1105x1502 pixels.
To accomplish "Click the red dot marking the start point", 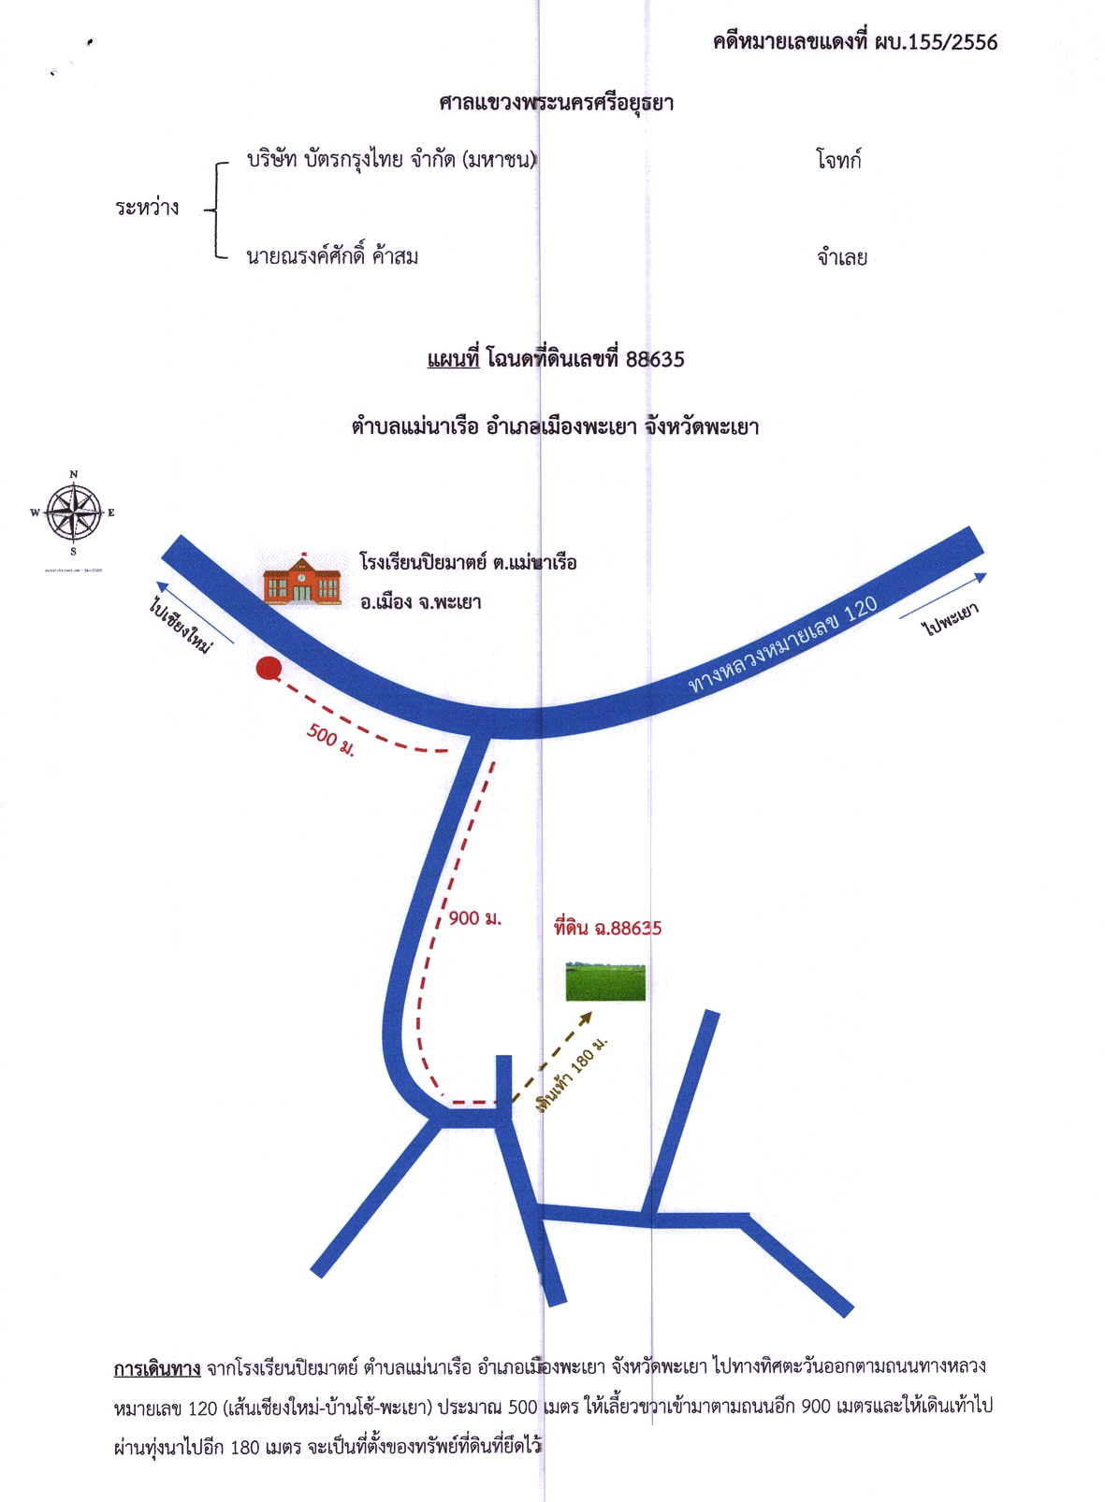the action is pos(269,669).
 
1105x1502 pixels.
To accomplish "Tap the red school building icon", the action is pos(301,577).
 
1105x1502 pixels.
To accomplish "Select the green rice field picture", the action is pos(605,982).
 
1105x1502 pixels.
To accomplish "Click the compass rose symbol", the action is pos(73,513).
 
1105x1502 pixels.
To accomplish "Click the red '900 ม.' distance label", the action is pos(475,918).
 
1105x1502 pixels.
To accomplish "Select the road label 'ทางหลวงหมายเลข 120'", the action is pos(783,644).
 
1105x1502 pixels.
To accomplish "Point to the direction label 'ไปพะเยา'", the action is pos(952,618).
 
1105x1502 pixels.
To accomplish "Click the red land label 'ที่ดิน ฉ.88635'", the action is pos(608,928).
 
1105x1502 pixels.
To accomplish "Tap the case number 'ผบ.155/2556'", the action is pos(936,42).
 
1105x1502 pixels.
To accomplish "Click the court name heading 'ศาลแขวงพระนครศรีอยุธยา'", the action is pos(556,103).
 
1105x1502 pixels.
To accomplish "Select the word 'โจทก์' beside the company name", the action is pos(838,161).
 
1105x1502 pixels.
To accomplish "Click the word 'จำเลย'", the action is pos(842,257).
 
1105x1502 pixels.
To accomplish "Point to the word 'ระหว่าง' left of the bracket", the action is pos(147,208).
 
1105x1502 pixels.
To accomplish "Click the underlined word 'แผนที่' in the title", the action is pos(454,359).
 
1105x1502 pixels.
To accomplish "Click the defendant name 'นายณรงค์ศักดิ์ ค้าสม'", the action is pos(333,255).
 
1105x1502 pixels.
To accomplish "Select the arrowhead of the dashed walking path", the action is pos(585,1018).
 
